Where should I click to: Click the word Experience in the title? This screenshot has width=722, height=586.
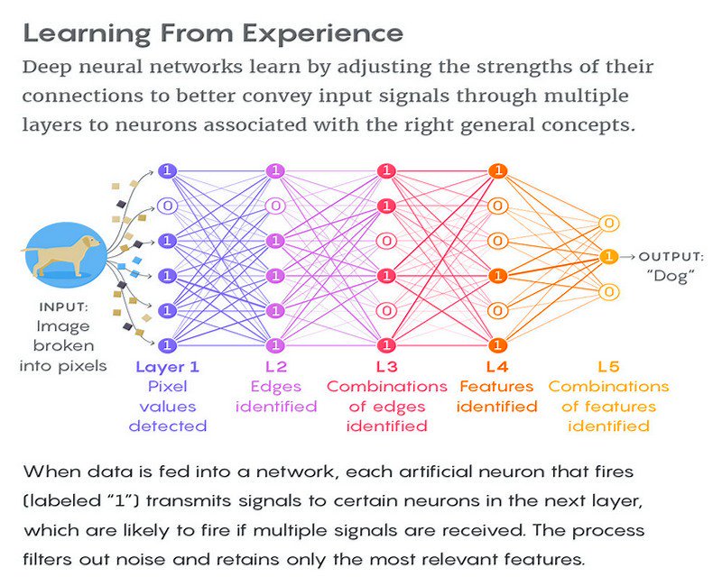pyautogui.click(x=323, y=34)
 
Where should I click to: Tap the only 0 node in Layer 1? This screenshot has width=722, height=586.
pyautogui.click(x=167, y=206)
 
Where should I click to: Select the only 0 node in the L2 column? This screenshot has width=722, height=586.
pyautogui.click(x=275, y=206)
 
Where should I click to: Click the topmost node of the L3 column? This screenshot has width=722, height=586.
pyautogui.click(x=386, y=170)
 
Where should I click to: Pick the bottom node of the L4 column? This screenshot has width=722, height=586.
pyautogui.click(x=497, y=344)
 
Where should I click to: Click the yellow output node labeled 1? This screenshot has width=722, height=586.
pyautogui.click(x=608, y=257)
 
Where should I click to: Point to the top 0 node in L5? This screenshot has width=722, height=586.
pyautogui.click(x=608, y=223)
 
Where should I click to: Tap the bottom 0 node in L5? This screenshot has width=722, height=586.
pyautogui.click(x=608, y=291)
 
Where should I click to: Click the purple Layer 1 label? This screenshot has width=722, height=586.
pyautogui.click(x=167, y=367)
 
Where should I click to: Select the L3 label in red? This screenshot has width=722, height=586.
pyautogui.click(x=386, y=367)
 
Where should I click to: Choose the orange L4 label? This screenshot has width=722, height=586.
pyautogui.click(x=497, y=367)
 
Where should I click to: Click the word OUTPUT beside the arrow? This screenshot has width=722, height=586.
pyautogui.click(x=671, y=257)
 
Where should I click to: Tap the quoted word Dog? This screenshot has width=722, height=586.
pyautogui.click(x=671, y=276)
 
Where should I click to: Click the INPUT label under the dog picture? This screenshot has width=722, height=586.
pyautogui.click(x=63, y=307)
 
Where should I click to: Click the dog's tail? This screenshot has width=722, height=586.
pyautogui.click(x=29, y=251)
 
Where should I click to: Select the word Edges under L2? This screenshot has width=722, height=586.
pyautogui.click(x=275, y=387)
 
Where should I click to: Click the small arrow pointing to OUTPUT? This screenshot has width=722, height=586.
pyautogui.click(x=627, y=257)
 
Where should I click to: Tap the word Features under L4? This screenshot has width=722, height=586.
pyautogui.click(x=496, y=387)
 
